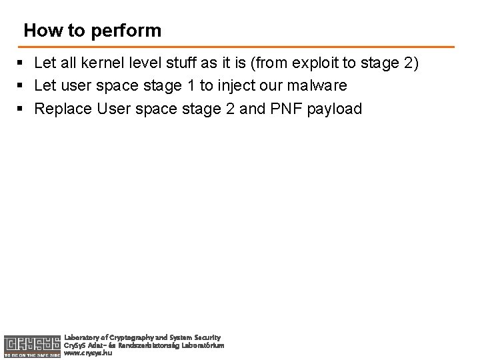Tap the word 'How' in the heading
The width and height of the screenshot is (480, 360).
(x=39, y=31)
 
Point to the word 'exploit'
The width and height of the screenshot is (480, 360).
(x=308, y=63)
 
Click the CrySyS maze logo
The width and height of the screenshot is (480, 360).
(x=31, y=343)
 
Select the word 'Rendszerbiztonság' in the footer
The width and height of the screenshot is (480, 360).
(x=147, y=345)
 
